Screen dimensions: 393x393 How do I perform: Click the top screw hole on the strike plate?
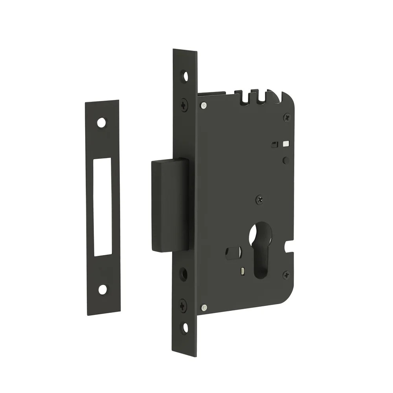(102, 123)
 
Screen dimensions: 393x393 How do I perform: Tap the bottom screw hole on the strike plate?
(103, 290)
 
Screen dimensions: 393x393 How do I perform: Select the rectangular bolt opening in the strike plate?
(103, 207)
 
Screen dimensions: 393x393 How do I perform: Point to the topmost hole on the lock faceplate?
(184, 76)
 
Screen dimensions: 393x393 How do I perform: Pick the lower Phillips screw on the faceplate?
(183, 305)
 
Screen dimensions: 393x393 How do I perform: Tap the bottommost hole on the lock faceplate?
(184, 327)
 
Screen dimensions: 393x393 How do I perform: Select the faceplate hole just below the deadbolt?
(184, 274)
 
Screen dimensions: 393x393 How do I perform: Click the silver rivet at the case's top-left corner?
(203, 105)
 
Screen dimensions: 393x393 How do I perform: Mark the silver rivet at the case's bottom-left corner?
(204, 307)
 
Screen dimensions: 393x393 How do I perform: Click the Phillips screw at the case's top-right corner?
(287, 117)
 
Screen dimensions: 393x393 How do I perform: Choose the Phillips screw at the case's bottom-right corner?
(286, 275)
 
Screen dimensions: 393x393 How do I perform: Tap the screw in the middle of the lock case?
(259, 199)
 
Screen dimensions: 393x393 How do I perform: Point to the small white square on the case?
(286, 144)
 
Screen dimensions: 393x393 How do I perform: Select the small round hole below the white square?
(286, 160)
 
